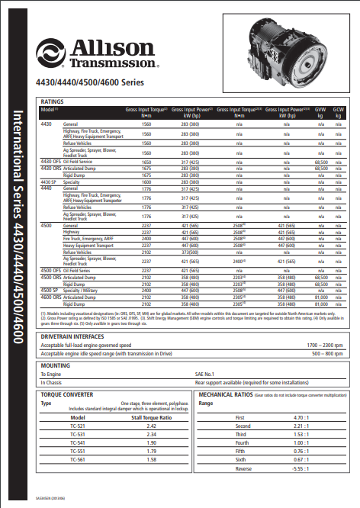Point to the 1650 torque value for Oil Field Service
(146, 162)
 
